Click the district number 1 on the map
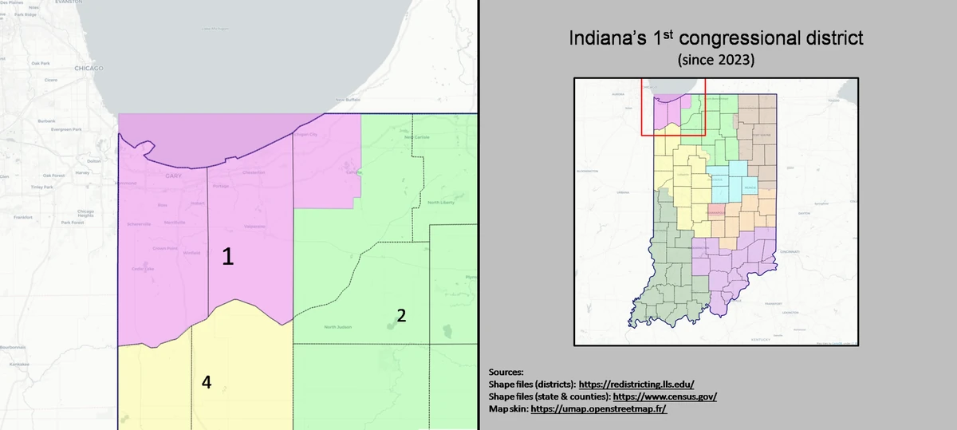click(228, 256)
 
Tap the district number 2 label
click(402, 315)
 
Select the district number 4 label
click(206, 382)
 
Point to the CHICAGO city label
click(88, 69)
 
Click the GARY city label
click(174, 176)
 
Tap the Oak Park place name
click(41, 62)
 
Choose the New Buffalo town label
click(348, 100)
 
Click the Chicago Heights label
click(85, 212)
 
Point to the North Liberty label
click(441, 203)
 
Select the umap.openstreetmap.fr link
click(598, 408)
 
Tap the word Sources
click(504, 372)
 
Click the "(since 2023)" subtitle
click(715, 60)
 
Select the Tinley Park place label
click(41, 187)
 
